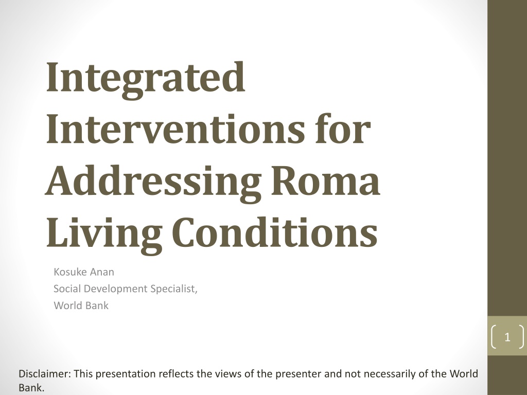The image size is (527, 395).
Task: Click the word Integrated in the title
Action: click(x=145, y=80)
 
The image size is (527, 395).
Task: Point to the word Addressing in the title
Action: click(x=153, y=184)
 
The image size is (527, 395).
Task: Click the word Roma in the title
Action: click(x=325, y=182)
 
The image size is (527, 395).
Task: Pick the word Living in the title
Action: click(x=104, y=234)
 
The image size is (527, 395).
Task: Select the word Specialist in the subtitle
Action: click(x=174, y=289)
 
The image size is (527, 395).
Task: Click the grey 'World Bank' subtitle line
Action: click(x=81, y=306)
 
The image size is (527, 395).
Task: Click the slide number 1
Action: click(x=507, y=337)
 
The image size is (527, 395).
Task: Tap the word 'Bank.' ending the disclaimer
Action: click(x=31, y=388)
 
